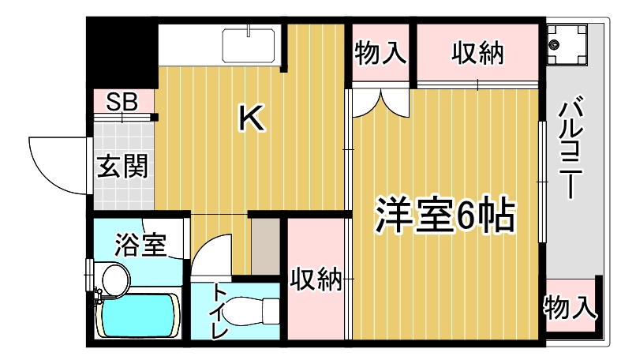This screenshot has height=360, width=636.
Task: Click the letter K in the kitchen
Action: coord(252,118)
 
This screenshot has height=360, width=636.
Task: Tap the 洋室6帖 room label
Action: coord(445,215)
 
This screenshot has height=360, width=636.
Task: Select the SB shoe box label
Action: coord(122,102)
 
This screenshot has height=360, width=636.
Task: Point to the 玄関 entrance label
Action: coord(122,166)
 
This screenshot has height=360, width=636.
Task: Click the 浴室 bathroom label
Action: coord(140,244)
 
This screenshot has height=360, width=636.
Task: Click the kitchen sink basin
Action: coord(249,46)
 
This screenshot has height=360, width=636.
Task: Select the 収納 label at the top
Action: coord(478,53)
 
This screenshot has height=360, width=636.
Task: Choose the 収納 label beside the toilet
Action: coord(316,279)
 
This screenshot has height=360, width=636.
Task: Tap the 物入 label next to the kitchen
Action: coord(380,53)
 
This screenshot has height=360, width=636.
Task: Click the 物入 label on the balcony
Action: coord(571,307)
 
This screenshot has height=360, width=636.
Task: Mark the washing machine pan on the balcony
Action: coord(567,45)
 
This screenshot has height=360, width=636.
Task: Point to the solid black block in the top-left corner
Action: coord(122,53)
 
